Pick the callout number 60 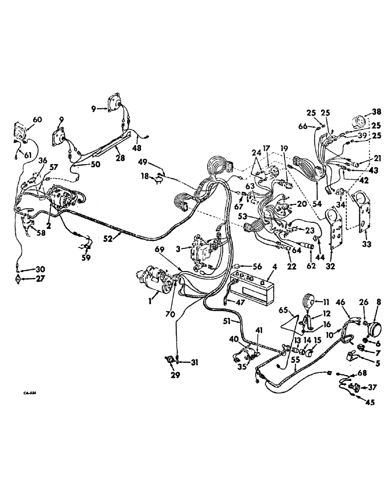37,119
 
